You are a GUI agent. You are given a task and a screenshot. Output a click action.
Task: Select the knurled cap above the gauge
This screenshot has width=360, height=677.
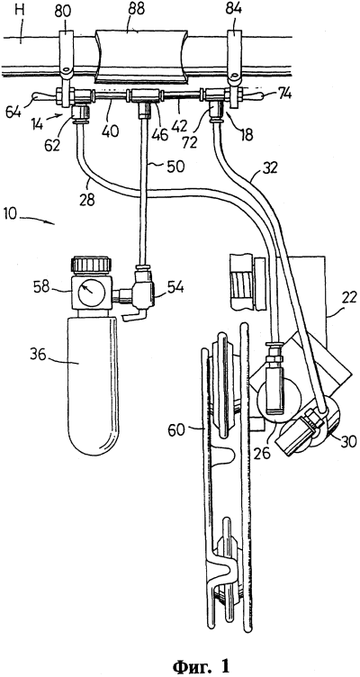point(92,265)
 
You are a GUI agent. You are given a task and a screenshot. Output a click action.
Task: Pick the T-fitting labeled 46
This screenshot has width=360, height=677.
point(145,99)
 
